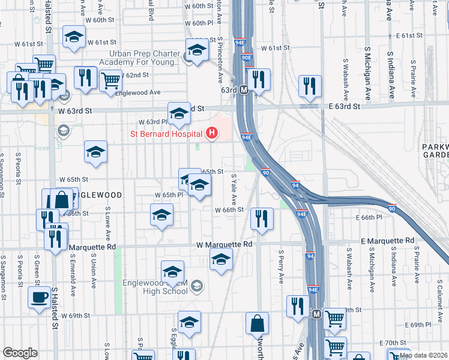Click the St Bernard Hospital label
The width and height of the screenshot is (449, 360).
167,133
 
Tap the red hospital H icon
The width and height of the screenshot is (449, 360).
211,133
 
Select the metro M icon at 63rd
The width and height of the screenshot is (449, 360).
244,90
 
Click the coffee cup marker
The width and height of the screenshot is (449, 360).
40,298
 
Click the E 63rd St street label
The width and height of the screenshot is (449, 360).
339,106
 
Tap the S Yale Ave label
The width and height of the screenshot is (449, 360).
234,190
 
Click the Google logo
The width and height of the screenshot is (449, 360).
20,353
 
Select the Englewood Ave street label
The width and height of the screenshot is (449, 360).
139,92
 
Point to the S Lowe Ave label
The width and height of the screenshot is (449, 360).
107,221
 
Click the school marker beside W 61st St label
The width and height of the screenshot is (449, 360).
74,38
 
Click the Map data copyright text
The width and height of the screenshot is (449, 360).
423,355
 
